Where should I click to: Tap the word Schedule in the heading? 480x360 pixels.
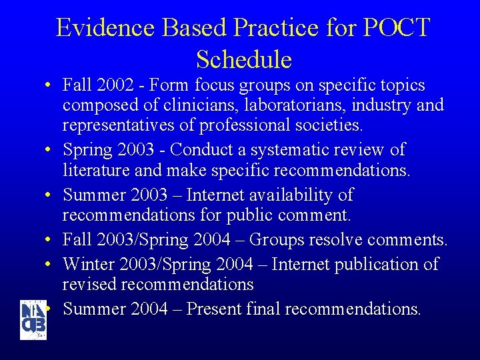tap(244, 60)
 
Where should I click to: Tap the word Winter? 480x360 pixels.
tap(89, 264)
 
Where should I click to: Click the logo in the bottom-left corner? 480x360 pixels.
tap(33, 320)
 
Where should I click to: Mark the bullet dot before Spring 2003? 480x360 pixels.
tap(50, 151)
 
